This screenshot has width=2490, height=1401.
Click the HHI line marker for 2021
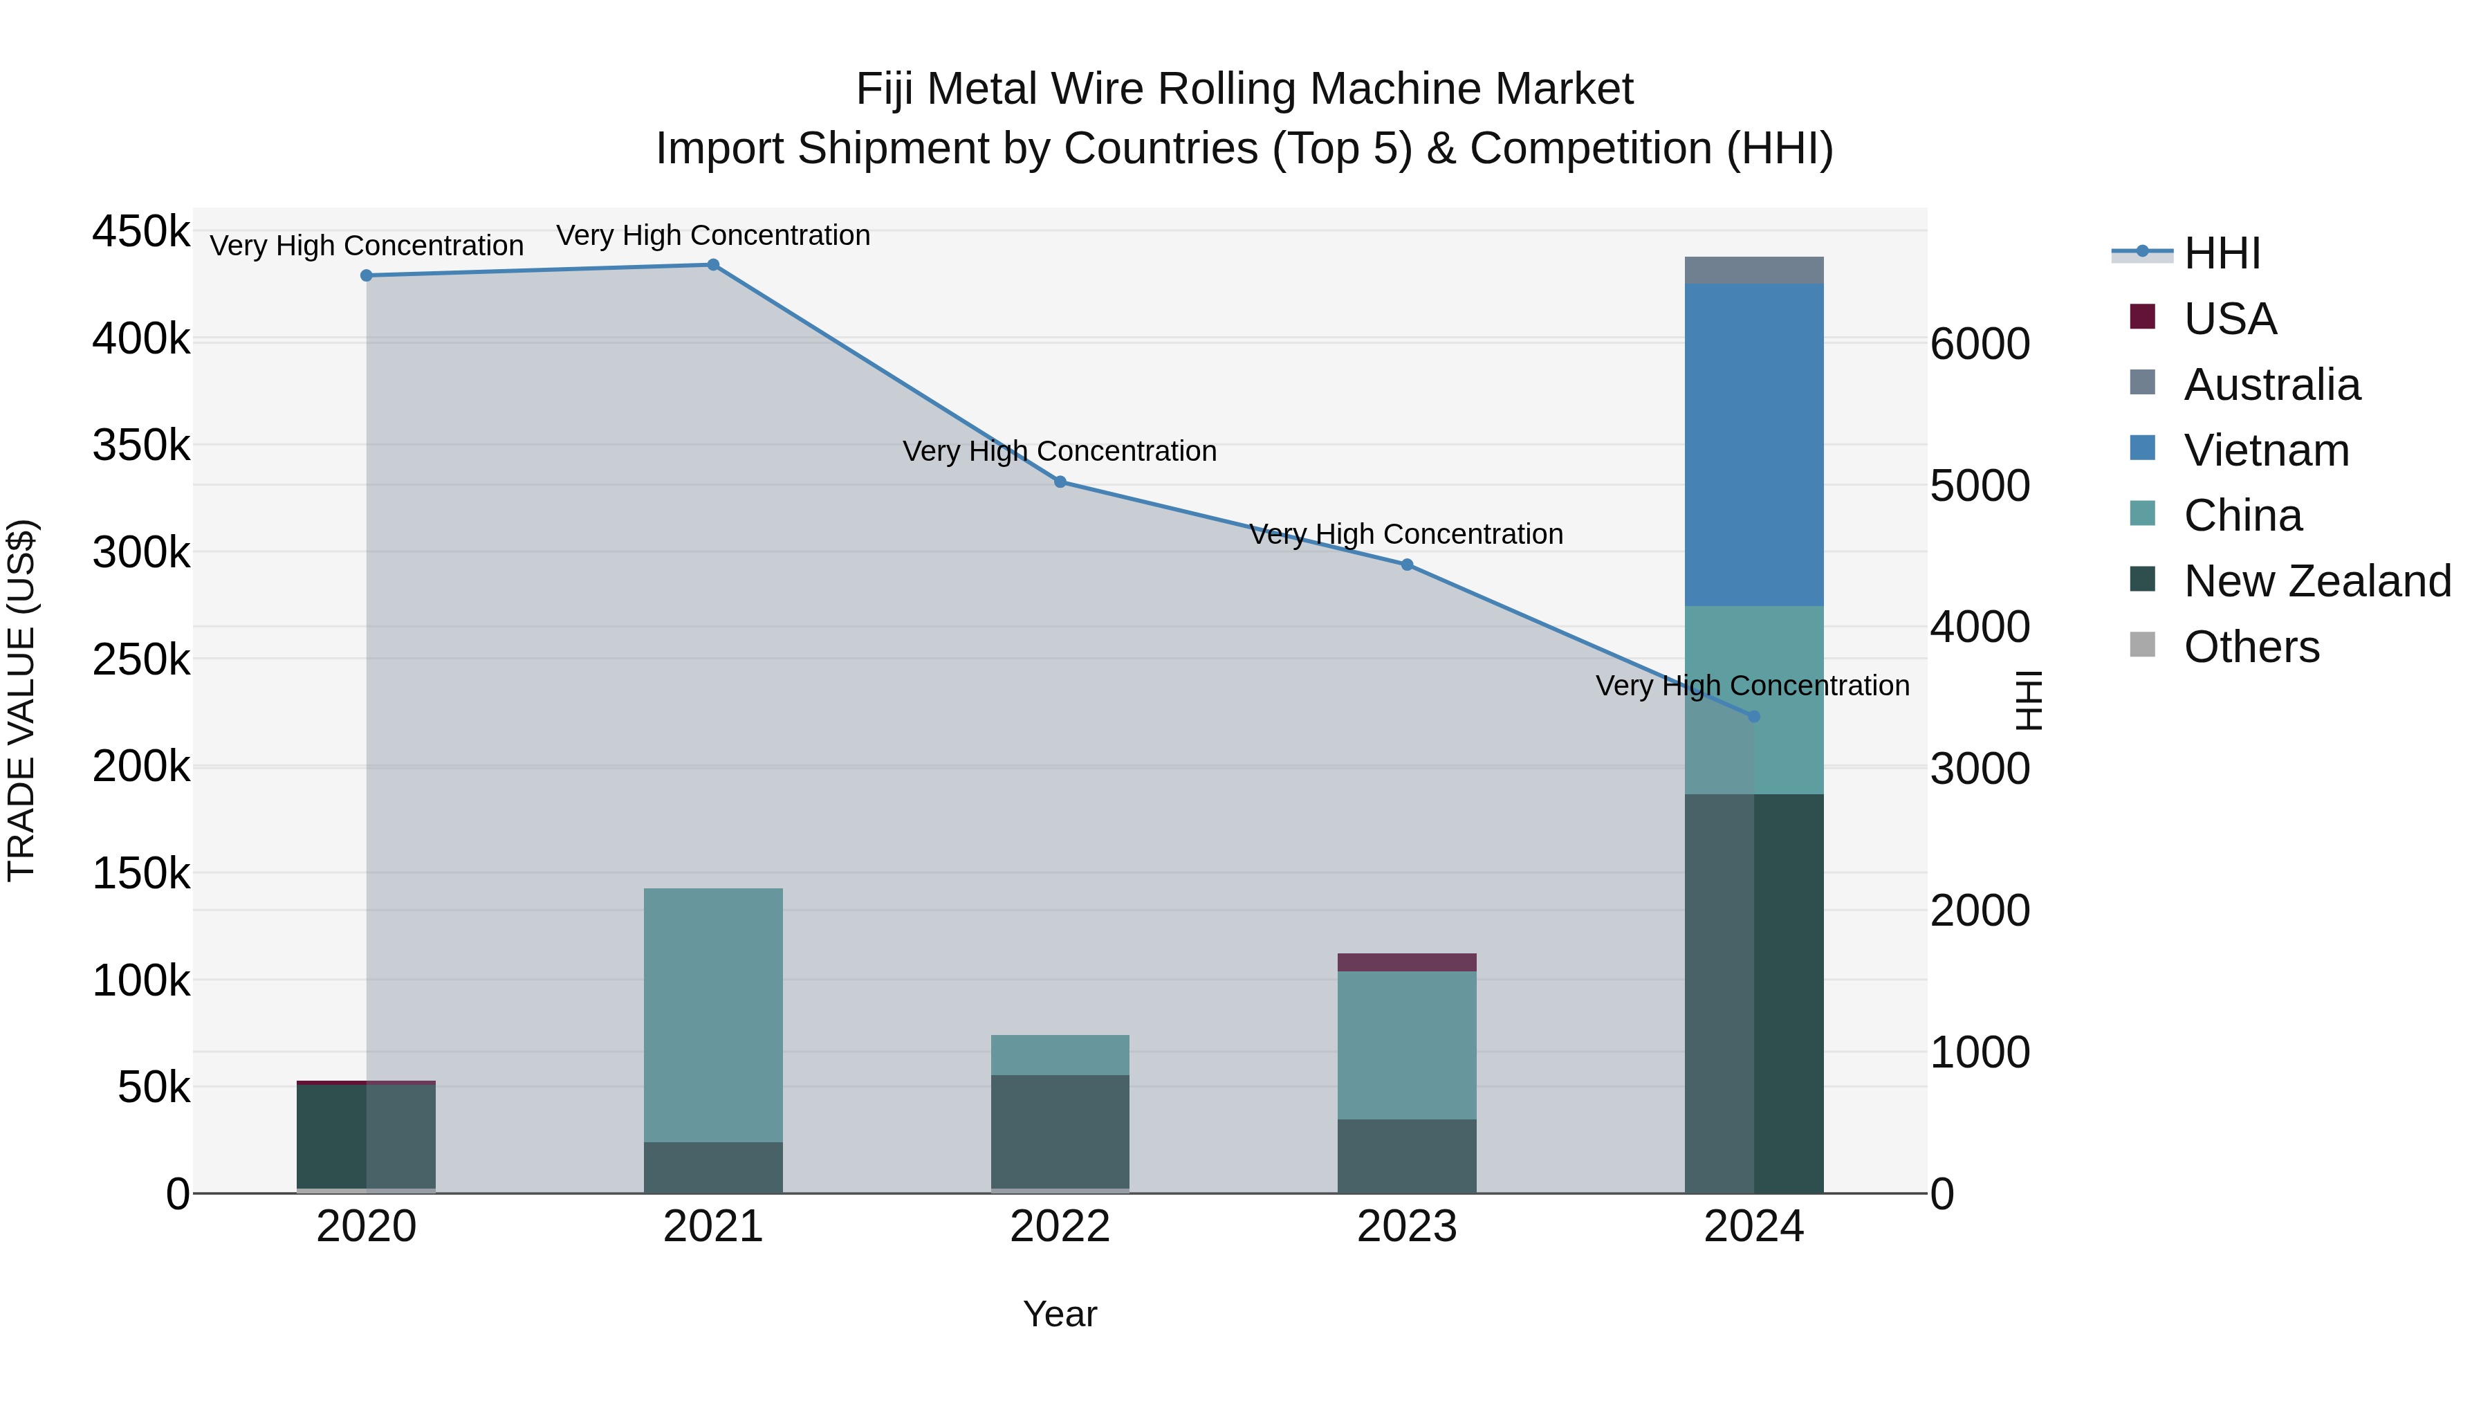point(712,265)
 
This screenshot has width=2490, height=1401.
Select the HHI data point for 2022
point(1060,482)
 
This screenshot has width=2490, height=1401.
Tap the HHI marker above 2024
point(1753,717)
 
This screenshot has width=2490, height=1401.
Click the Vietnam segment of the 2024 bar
point(1753,445)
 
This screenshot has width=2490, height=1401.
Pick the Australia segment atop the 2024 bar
point(1753,271)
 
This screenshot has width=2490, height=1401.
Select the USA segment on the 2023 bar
point(1406,962)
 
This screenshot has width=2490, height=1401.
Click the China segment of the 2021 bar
point(712,1015)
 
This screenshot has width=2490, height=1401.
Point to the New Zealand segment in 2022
point(1060,1131)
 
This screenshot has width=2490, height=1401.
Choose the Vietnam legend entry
point(2266,450)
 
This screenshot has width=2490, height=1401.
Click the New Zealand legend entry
point(2317,581)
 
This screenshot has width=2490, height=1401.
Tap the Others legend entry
point(2251,647)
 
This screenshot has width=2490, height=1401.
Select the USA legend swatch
point(2143,317)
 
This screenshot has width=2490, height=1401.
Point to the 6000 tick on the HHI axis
point(1980,345)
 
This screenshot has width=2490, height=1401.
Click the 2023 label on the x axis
point(1406,1227)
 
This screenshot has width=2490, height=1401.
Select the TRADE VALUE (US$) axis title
point(22,700)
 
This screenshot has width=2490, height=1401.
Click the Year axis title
point(1060,1314)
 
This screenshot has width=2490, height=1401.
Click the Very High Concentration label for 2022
point(1060,452)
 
